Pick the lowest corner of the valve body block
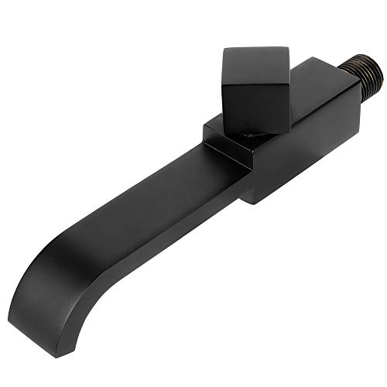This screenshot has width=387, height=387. (x=252, y=203)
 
